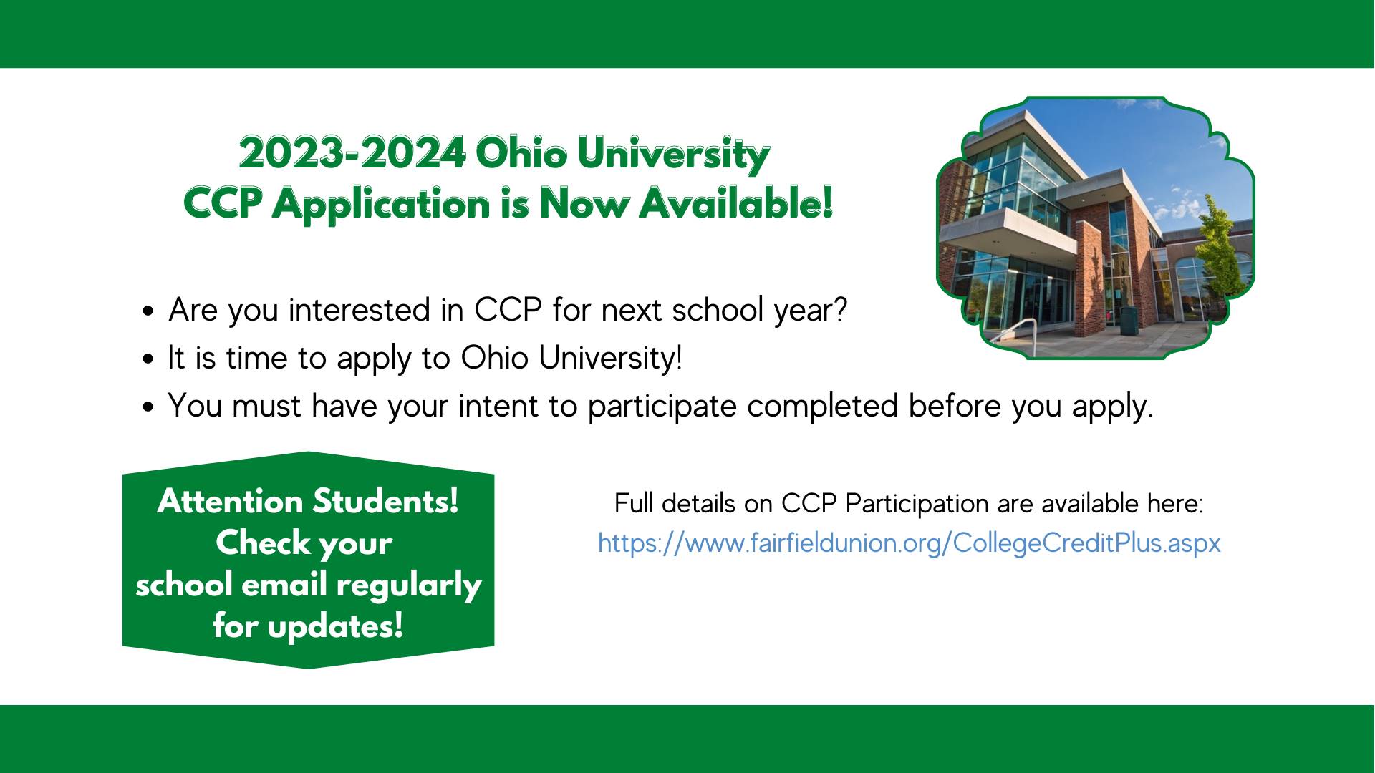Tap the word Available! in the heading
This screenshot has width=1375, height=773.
pyautogui.click(x=736, y=203)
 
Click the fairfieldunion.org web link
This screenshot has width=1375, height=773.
pyautogui.click(x=909, y=543)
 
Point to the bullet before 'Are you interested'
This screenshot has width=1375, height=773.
pyautogui.click(x=148, y=312)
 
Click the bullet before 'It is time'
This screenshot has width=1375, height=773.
pyautogui.click(x=148, y=359)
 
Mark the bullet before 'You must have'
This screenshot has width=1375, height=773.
pyautogui.click(x=148, y=407)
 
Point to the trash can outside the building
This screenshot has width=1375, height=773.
pyautogui.click(x=1129, y=319)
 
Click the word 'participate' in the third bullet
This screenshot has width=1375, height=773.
pyautogui.click(x=662, y=407)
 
